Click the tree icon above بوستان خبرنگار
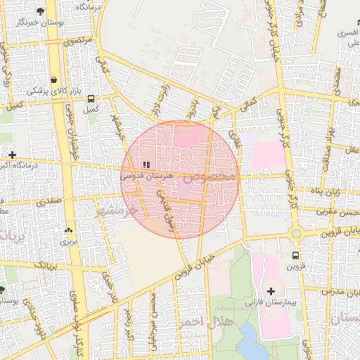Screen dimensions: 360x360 [x=40, y=11]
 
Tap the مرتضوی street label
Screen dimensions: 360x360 [x=78, y=41]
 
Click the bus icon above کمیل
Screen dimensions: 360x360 [x=90, y=99]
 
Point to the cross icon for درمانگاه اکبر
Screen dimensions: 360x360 [x=12, y=154]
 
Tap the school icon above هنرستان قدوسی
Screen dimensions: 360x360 [x=146, y=165]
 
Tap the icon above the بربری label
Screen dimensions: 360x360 [x=68, y=230]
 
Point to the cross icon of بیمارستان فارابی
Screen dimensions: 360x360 [x=271, y=290]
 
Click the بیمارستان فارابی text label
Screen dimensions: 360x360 [x=262, y=303]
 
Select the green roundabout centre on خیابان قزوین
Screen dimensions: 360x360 [x=295, y=233]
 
